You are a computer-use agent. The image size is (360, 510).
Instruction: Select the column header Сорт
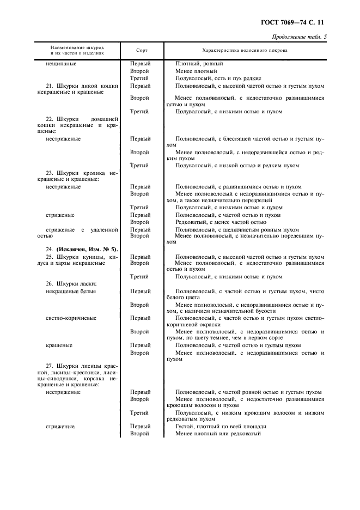(x=141, y=51)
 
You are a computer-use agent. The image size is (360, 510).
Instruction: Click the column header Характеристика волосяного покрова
(x=245, y=51)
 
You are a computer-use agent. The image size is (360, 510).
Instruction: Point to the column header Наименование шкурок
(x=77, y=48)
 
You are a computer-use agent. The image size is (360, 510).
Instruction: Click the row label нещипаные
(x=61, y=64)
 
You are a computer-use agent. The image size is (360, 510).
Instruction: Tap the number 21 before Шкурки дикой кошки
(x=49, y=86)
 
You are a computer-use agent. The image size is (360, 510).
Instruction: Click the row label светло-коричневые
(x=71, y=318)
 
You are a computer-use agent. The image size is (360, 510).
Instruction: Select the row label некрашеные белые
(x=71, y=291)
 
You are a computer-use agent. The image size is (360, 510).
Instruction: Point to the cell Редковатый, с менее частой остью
(x=221, y=222)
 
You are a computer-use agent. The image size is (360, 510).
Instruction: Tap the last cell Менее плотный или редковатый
(x=218, y=434)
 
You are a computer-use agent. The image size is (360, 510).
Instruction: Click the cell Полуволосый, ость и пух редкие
(x=218, y=78)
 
